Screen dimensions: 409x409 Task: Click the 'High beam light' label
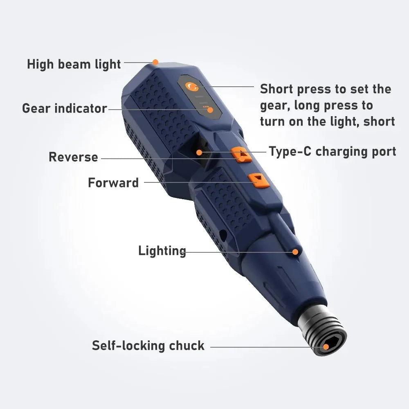(74, 64)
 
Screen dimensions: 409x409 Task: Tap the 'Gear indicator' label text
(64, 108)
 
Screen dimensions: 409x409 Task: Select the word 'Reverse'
(73, 157)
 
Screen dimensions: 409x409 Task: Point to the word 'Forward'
(113, 182)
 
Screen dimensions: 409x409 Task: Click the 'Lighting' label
(162, 251)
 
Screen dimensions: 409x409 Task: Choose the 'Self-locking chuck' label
(148, 346)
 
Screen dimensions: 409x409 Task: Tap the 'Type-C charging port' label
(332, 151)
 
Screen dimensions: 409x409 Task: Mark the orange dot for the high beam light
(155, 62)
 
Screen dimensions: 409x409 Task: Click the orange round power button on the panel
(191, 87)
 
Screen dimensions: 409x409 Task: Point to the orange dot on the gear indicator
(209, 110)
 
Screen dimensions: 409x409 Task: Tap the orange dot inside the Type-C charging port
(199, 153)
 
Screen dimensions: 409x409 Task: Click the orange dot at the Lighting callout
(295, 252)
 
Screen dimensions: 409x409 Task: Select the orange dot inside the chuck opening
(326, 347)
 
